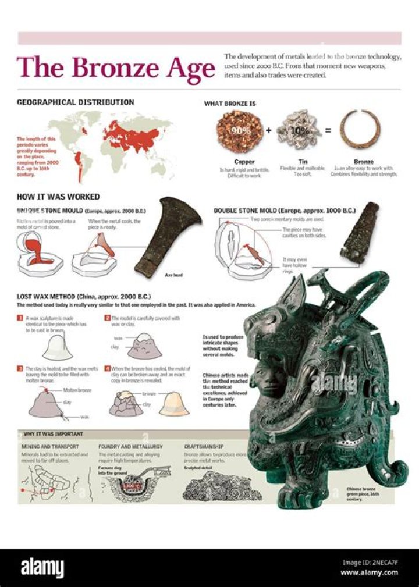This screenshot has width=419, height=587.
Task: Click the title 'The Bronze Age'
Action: [116, 69]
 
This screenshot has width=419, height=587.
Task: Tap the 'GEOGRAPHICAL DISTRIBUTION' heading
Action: [76, 102]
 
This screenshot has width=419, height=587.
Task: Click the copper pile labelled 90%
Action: [239, 130]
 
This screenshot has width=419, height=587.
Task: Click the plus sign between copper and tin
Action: [269, 130]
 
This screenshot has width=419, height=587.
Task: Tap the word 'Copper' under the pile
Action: [244, 162]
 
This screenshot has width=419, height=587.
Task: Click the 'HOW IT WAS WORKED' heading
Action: [58, 197]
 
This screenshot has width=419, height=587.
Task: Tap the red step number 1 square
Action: [20, 319]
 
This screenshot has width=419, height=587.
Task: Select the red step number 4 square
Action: [108, 368]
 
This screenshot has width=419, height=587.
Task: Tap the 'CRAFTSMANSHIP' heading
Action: [204, 447]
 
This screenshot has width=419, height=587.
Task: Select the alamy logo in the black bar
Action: [42, 567]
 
